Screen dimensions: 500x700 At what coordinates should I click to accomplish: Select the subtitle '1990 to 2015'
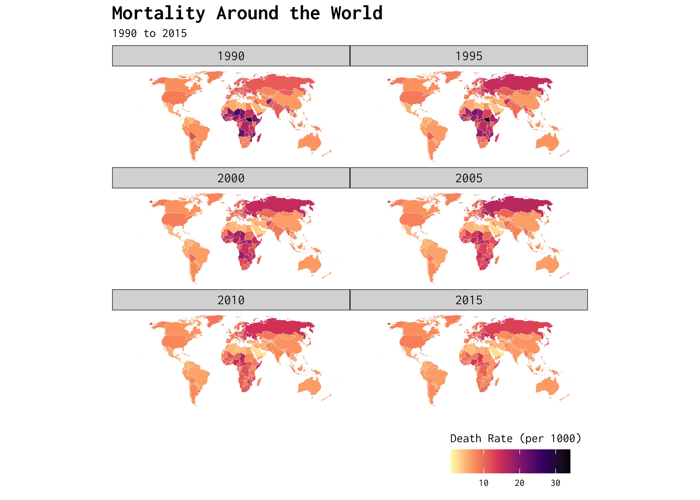click(149, 33)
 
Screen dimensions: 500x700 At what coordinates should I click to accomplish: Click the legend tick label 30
click(555, 483)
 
